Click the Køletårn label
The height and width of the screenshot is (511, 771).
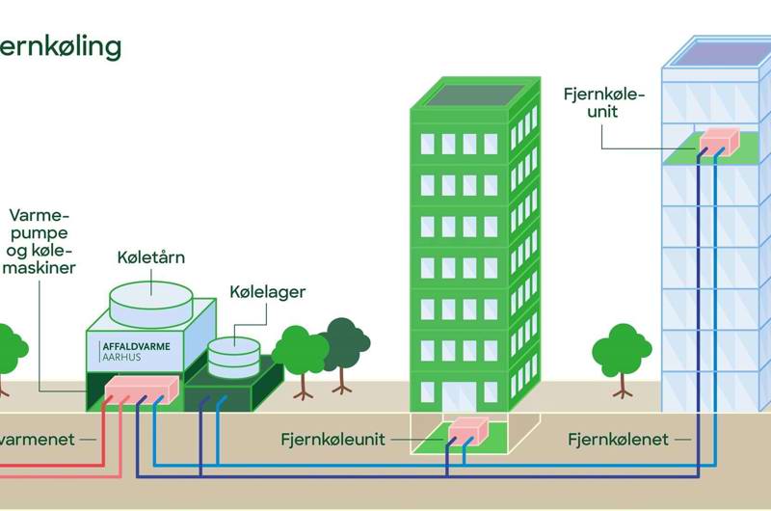pos(150,257)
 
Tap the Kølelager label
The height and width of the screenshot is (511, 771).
pos(267,291)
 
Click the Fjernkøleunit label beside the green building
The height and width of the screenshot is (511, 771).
pos(332,440)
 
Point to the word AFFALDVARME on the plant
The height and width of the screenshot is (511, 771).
pos(134,344)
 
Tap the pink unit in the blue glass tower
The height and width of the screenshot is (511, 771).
pos(717,142)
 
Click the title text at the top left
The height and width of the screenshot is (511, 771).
pos(60,45)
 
